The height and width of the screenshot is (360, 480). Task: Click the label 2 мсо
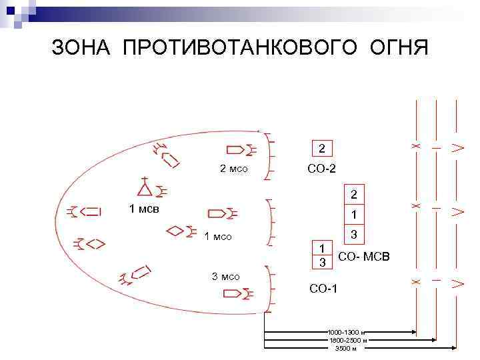click(233, 169)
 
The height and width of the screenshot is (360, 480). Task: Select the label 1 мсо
click(218, 236)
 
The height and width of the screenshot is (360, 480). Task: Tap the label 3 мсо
click(225, 276)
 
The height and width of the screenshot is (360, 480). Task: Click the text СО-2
click(321, 169)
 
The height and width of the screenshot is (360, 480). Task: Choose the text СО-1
click(323, 289)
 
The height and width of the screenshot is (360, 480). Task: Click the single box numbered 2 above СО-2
click(322, 148)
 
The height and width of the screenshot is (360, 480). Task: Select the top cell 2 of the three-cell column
click(355, 195)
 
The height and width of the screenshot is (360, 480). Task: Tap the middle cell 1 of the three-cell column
click(355, 215)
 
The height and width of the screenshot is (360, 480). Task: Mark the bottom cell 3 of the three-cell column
click(355, 235)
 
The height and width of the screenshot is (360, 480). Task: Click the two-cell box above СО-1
click(323, 255)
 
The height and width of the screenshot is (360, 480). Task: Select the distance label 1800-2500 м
click(347, 340)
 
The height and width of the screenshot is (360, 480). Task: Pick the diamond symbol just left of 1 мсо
click(175, 231)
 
